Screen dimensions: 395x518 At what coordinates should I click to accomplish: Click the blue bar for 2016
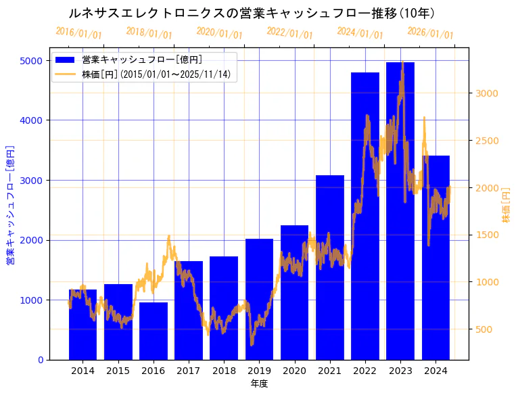click(x=154, y=331)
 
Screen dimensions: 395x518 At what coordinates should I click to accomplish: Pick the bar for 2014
click(x=83, y=325)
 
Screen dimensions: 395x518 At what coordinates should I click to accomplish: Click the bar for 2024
click(x=435, y=258)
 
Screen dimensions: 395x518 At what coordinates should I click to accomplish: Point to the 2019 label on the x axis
click(x=259, y=371)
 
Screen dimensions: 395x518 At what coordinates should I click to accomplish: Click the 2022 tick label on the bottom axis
click(x=365, y=371)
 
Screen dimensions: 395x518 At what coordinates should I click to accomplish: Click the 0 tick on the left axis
click(x=40, y=360)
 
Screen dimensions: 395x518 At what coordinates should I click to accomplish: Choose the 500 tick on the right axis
click(x=483, y=329)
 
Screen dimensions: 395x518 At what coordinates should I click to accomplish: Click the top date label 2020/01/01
click(x=219, y=33)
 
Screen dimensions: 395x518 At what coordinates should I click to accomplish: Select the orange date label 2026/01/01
click(x=430, y=34)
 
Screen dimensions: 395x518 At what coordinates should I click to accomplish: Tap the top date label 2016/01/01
click(x=78, y=32)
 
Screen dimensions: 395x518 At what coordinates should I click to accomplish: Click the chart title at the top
click(x=252, y=13)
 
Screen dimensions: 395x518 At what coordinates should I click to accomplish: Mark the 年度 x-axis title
click(x=259, y=384)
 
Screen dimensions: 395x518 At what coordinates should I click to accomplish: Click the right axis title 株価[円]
click(x=506, y=206)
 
